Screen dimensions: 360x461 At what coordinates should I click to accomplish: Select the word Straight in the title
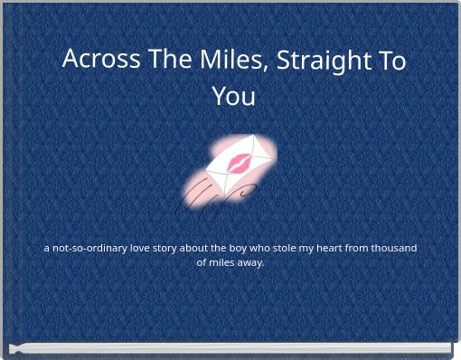[324, 60]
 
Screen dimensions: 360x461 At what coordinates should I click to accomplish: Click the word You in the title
[233, 96]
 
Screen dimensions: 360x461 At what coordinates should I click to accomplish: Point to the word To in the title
[390, 60]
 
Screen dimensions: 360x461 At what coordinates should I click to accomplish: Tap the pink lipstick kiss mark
[240, 163]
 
